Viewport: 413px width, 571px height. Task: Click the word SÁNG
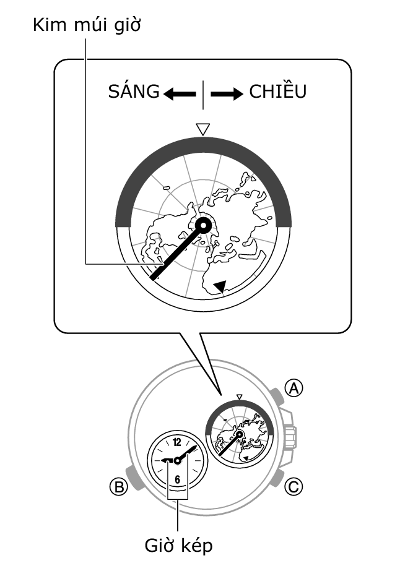133,92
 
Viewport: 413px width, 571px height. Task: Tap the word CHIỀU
278,92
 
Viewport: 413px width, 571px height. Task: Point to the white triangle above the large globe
202,129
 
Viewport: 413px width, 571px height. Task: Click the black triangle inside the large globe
220,285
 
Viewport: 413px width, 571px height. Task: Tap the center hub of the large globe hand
204,226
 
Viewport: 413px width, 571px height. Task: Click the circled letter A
295,388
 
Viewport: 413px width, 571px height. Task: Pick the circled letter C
294,487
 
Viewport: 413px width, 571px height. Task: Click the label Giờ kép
178,546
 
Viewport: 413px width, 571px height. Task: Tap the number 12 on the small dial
178,442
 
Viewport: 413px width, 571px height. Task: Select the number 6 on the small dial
178,479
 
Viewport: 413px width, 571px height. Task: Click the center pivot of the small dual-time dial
178,460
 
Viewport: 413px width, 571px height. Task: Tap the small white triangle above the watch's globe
240,395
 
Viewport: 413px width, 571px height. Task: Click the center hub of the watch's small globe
239,435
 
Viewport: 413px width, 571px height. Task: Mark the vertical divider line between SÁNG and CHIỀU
202,94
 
